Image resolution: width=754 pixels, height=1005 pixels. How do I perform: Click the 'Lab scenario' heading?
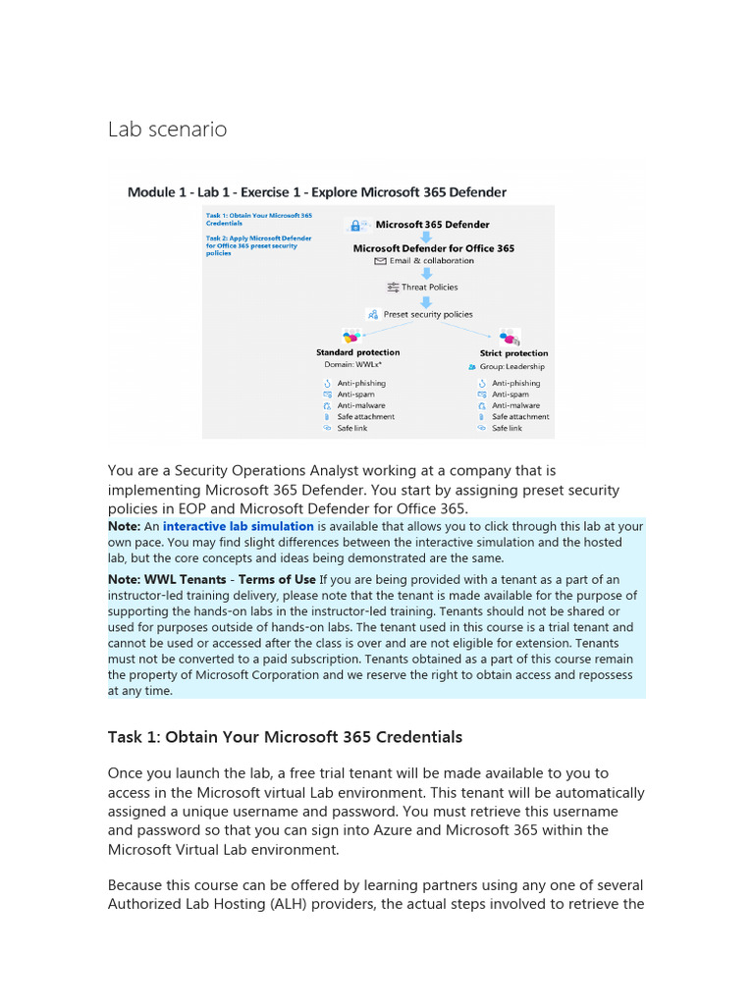coord(167,130)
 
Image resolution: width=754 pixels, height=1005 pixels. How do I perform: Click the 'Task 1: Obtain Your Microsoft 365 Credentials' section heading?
coord(285,737)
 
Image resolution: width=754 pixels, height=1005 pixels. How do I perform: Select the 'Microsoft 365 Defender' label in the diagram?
coord(432,225)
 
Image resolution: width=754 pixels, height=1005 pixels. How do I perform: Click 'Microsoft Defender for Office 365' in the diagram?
coord(434,248)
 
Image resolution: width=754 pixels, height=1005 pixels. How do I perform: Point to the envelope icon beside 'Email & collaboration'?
coord(381,262)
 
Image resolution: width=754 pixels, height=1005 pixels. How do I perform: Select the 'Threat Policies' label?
coord(429,288)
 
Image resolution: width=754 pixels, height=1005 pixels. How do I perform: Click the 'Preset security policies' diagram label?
coord(427,315)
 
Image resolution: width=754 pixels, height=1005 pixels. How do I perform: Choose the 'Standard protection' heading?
coord(357,352)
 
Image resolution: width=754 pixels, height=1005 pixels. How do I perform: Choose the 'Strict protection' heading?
coord(513,353)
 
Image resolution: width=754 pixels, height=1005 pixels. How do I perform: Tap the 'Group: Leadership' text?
coord(512,367)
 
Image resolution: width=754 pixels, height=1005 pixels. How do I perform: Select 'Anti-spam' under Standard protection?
coord(355,395)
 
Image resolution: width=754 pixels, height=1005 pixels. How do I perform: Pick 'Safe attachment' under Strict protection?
coord(520,417)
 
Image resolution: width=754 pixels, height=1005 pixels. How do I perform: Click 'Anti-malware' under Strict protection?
coord(516,405)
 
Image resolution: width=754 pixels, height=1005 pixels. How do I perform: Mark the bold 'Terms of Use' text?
coord(277,580)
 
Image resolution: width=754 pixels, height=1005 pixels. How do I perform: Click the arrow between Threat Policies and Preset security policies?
coord(427,301)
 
